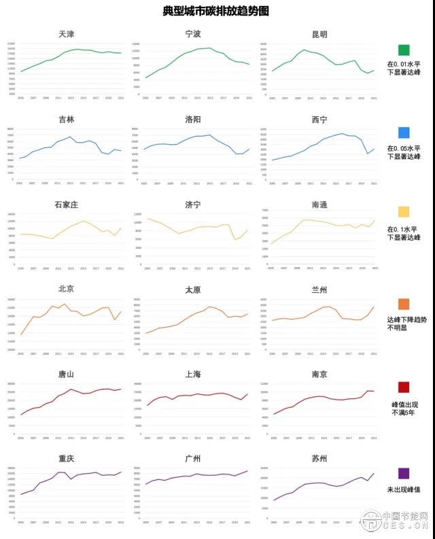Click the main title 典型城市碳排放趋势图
tap(216, 12)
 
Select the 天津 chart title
tap(67, 34)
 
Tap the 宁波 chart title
tap(193, 34)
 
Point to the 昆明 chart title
tap(318, 34)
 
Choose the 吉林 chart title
tap(67, 119)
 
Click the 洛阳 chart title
tap(193, 119)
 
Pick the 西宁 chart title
tap(318, 120)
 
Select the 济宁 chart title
tap(193, 204)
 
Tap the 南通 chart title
tap(318, 204)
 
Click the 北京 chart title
tap(67, 289)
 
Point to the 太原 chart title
tap(193, 290)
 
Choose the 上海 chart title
tap(193, 375)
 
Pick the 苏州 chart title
tap(318, 459)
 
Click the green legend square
tap(404, 50)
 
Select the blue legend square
tap(404, 133)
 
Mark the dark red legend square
tap(404, 387)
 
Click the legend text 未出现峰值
tap(404, 489)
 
